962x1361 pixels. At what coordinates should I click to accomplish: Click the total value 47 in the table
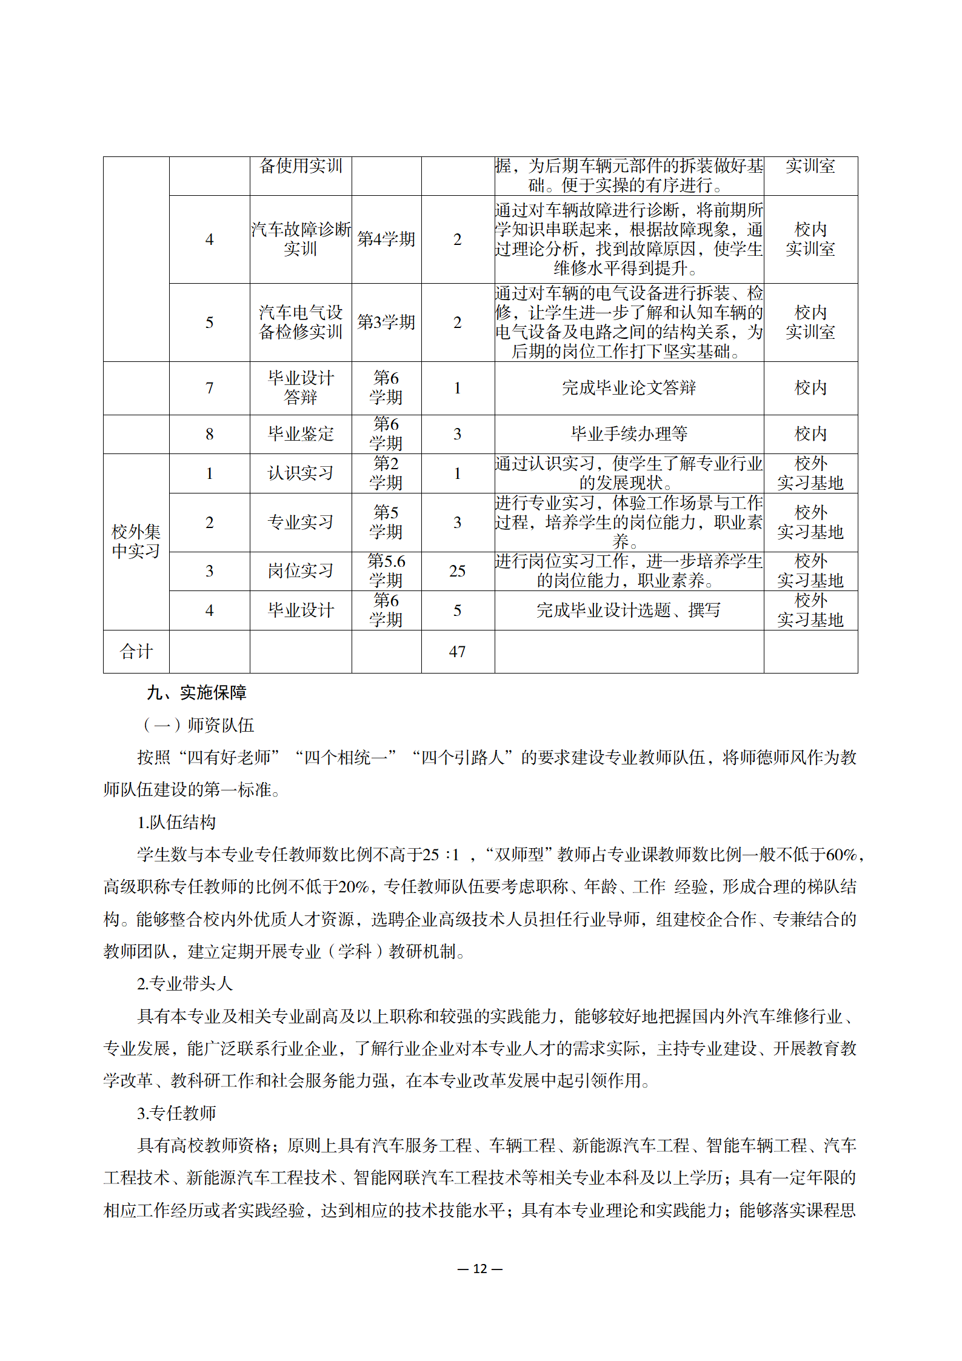click(457, 652)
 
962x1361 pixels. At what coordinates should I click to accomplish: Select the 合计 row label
click(136, 652)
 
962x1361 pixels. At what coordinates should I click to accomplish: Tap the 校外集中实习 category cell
click(136, 541)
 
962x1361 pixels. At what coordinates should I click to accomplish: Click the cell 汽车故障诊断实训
click(301, 239)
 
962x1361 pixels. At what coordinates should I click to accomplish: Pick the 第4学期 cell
click(386, 239)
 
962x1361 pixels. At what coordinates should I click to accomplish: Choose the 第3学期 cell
click(386, 322)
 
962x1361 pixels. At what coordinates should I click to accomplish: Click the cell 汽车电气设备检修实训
click(301, 322)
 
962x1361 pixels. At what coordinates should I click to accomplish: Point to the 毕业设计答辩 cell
click(301, 388)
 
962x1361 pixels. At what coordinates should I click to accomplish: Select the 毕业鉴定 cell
click(301, 434)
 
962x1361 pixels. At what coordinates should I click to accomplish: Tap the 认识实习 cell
click(301, 473)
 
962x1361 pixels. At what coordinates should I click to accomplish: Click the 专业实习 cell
click(301, 522)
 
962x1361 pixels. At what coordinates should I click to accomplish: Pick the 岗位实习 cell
click(301, 570)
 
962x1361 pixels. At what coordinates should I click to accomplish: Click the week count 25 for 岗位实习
click(457, 570)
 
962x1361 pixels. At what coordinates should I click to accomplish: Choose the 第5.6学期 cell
click(386, 570)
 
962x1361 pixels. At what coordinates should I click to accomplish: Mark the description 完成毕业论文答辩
click(629, 388)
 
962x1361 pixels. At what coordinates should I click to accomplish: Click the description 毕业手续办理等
click(629, 434)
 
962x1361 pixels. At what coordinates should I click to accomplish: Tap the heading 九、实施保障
click(196, 692)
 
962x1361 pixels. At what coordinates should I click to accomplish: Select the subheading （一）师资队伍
click(198, 725)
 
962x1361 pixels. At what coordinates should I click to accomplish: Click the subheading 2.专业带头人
click(185, 983)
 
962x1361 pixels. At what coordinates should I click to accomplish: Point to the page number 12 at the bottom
click(480, 1268)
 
